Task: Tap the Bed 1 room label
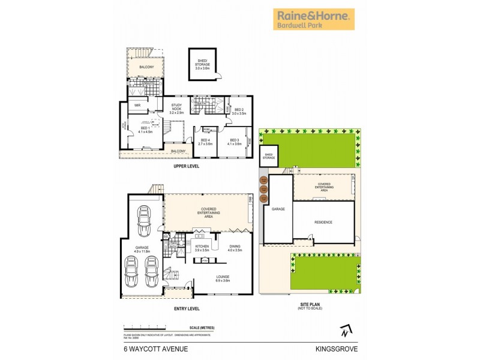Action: (145, 130)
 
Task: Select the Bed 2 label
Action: (239, 111)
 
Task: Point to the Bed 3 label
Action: (234, 142)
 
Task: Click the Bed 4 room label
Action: (205, 142)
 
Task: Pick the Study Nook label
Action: (176, 108)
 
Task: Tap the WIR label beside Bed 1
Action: (137, 105)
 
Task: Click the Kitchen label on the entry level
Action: (202, 247)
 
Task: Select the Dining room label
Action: (235, 247)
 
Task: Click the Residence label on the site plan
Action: (323, 222)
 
